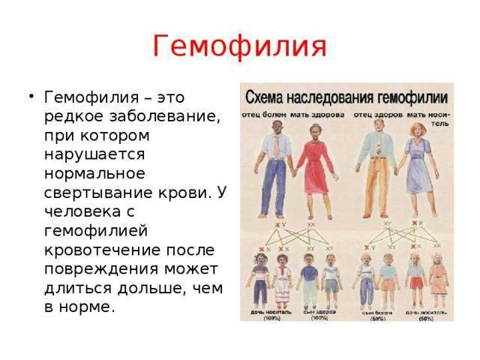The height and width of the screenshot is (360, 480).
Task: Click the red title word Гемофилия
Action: coord(239,46)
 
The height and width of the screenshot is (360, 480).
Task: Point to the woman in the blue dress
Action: coord(416,169)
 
